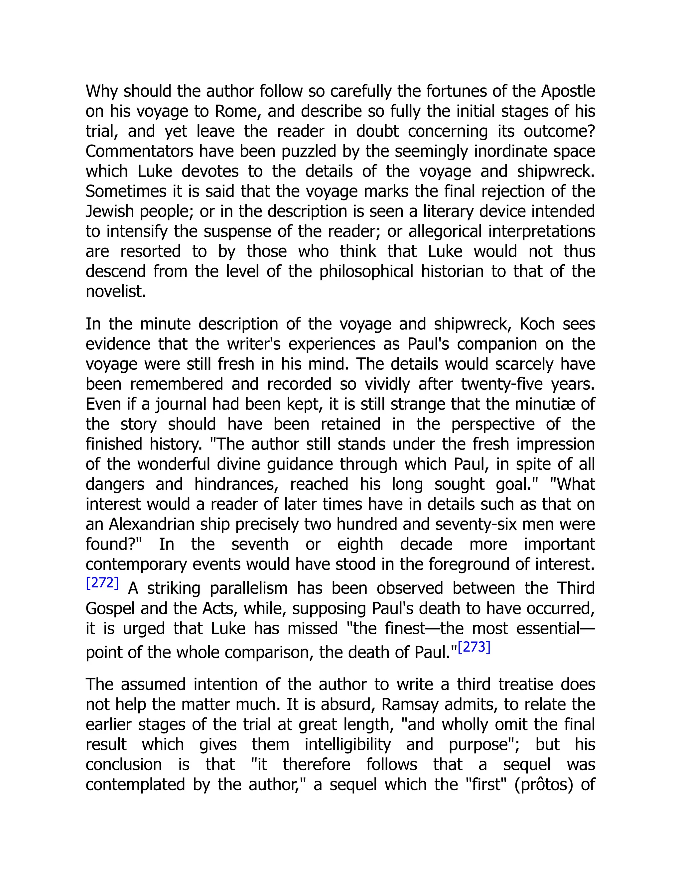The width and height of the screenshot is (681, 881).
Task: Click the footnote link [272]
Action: coord(102,583)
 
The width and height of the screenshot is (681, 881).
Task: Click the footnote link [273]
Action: coord(474,647)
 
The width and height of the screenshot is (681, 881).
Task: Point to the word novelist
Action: coord(115,292)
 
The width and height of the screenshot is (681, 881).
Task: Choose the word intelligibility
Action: coord(347,744)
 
